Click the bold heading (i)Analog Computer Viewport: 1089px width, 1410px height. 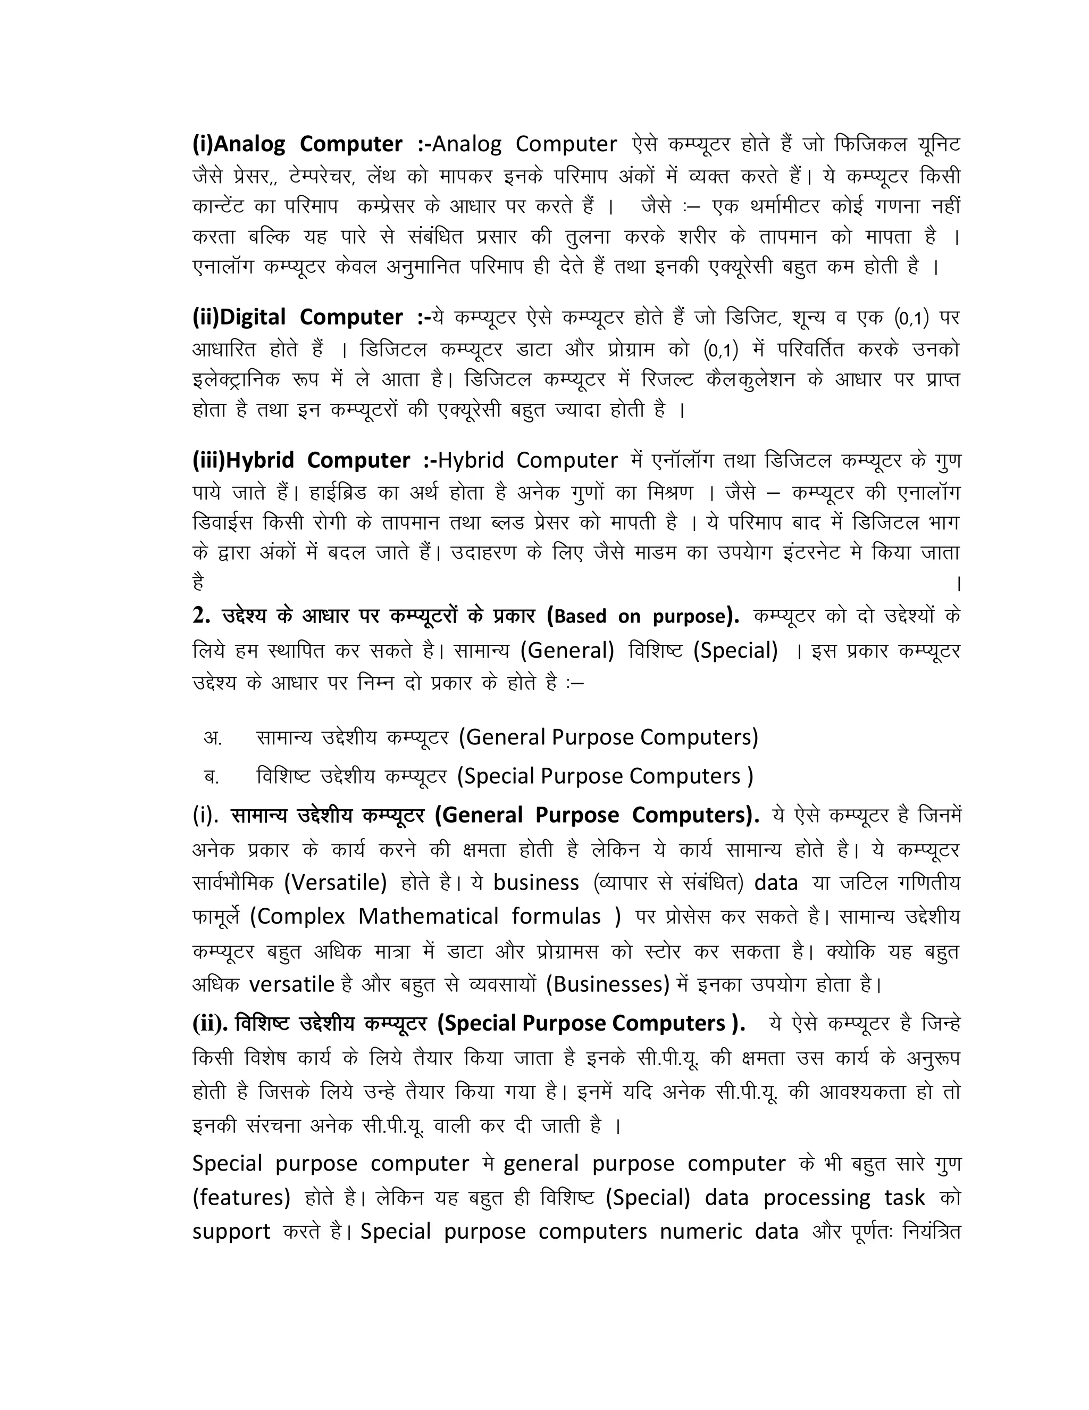pyautogui.click(x=297, y=144)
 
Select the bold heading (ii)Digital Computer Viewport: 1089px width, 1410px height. pyautogui.click(x=297, y=318)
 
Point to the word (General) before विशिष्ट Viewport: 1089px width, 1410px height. pyautogui.click(x=568, y=650)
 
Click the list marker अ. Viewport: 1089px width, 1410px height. pyautogui.click(x=212, y=737)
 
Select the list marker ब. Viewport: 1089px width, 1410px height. pyautogui.click(x=212, y=776)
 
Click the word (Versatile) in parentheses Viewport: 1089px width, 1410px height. pyautogui.click(x=336, y=883)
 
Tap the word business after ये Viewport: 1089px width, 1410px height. pyautogui.click(x=536, y=883)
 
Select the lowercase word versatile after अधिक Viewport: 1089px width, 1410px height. pyautogui.click(x=291, y=984)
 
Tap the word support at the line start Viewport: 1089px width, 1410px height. pyautogui.click(x=231, y=1232)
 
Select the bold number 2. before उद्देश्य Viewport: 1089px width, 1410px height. pyautogui.click(x=202, y=617)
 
